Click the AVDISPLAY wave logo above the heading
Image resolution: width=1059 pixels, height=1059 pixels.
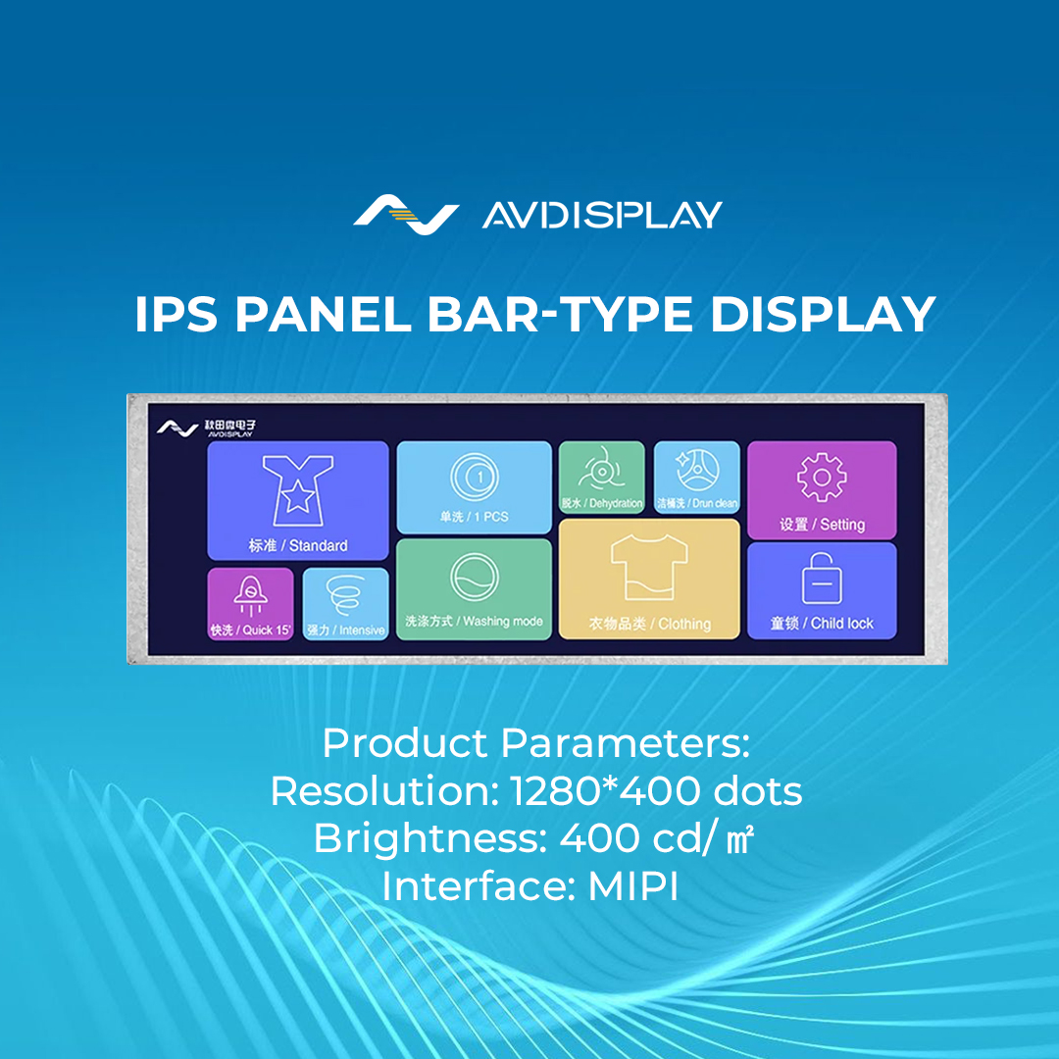[405, 215]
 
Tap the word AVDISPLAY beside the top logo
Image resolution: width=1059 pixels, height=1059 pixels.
[602, 215]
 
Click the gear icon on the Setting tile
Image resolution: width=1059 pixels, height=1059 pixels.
[822, 478]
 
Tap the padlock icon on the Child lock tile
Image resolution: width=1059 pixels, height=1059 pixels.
[821, 580]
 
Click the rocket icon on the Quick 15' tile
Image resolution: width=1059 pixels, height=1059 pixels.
[250, 594]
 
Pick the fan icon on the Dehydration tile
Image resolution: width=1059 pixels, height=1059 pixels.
[601, 471]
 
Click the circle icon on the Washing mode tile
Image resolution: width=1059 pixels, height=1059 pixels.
[474, 579]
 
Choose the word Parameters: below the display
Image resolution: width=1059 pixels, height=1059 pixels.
[625, 743]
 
